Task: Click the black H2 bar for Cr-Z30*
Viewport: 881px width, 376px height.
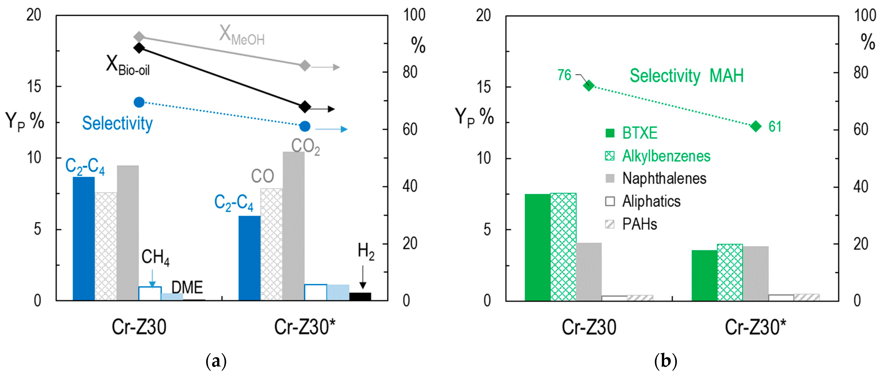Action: [x=360, y=296]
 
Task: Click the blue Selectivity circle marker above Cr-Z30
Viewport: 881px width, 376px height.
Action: [x=139, y=102]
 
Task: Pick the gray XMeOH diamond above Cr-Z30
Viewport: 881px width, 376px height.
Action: [x=139, y=36]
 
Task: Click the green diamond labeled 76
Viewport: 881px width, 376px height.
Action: [x=589, y=85]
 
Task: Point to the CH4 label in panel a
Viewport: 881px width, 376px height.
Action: [x=155, y=257]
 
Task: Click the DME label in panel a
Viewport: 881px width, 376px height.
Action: [x=187, y=288]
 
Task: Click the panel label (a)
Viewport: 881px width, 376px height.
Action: [x=216, y=361]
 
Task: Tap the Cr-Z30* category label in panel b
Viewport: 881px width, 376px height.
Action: [x=755, y=327]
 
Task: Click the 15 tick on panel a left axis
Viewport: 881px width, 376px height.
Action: [x=34, y=87]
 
